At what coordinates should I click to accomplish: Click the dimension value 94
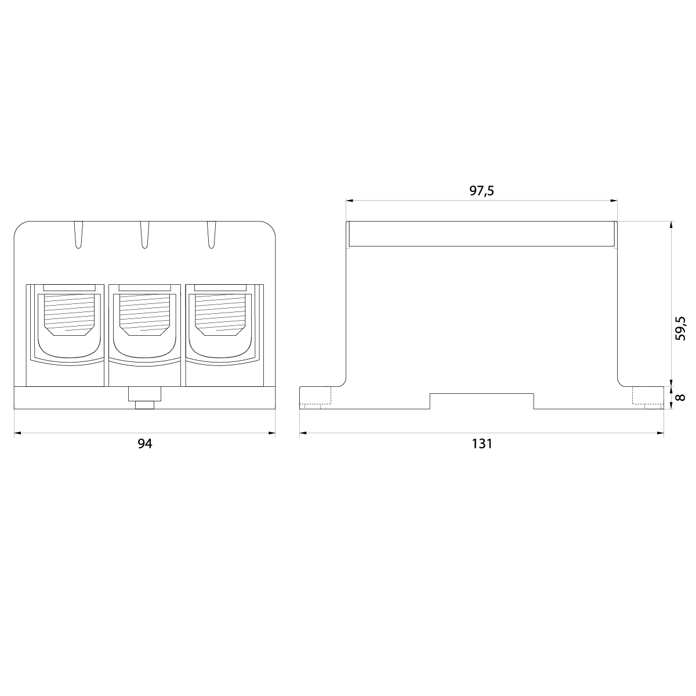click(144, 444)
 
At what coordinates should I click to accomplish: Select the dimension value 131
click(481, 444)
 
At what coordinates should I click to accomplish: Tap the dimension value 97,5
click(481, 191)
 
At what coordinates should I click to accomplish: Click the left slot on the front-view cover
click(78, 235)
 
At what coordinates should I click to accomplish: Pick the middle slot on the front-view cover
click(144, 235)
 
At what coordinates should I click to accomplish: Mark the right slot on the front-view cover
click(211, 235)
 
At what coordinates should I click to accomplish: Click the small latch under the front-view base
click(144, 398)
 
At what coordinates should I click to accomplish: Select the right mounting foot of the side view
click(647, 398)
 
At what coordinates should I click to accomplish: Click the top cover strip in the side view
click(481, 234)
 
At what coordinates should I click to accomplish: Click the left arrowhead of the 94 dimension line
click(16, 433)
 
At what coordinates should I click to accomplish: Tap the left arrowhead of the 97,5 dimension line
click(349, 201)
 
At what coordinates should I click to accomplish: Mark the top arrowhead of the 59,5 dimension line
click(672, 224)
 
